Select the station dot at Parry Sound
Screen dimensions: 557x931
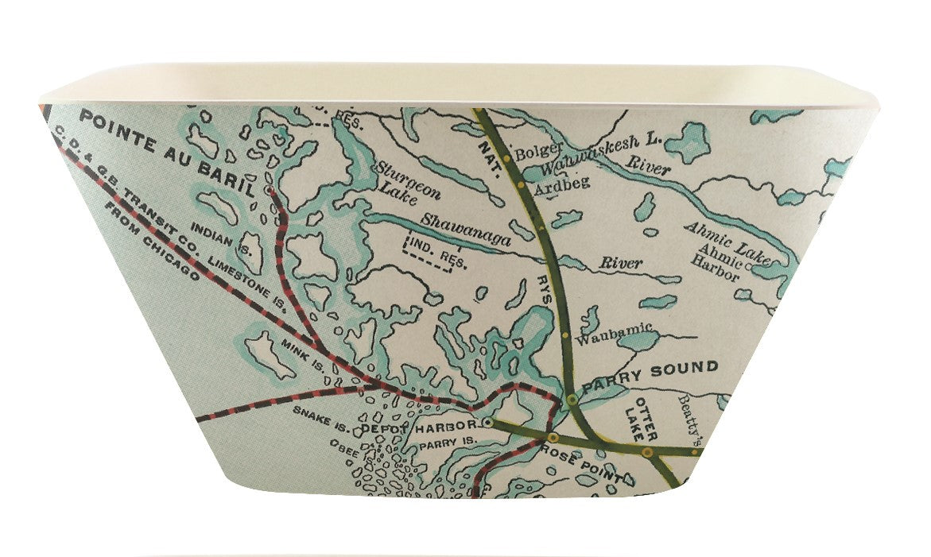(572, 398)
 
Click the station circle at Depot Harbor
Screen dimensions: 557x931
(487, 423)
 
